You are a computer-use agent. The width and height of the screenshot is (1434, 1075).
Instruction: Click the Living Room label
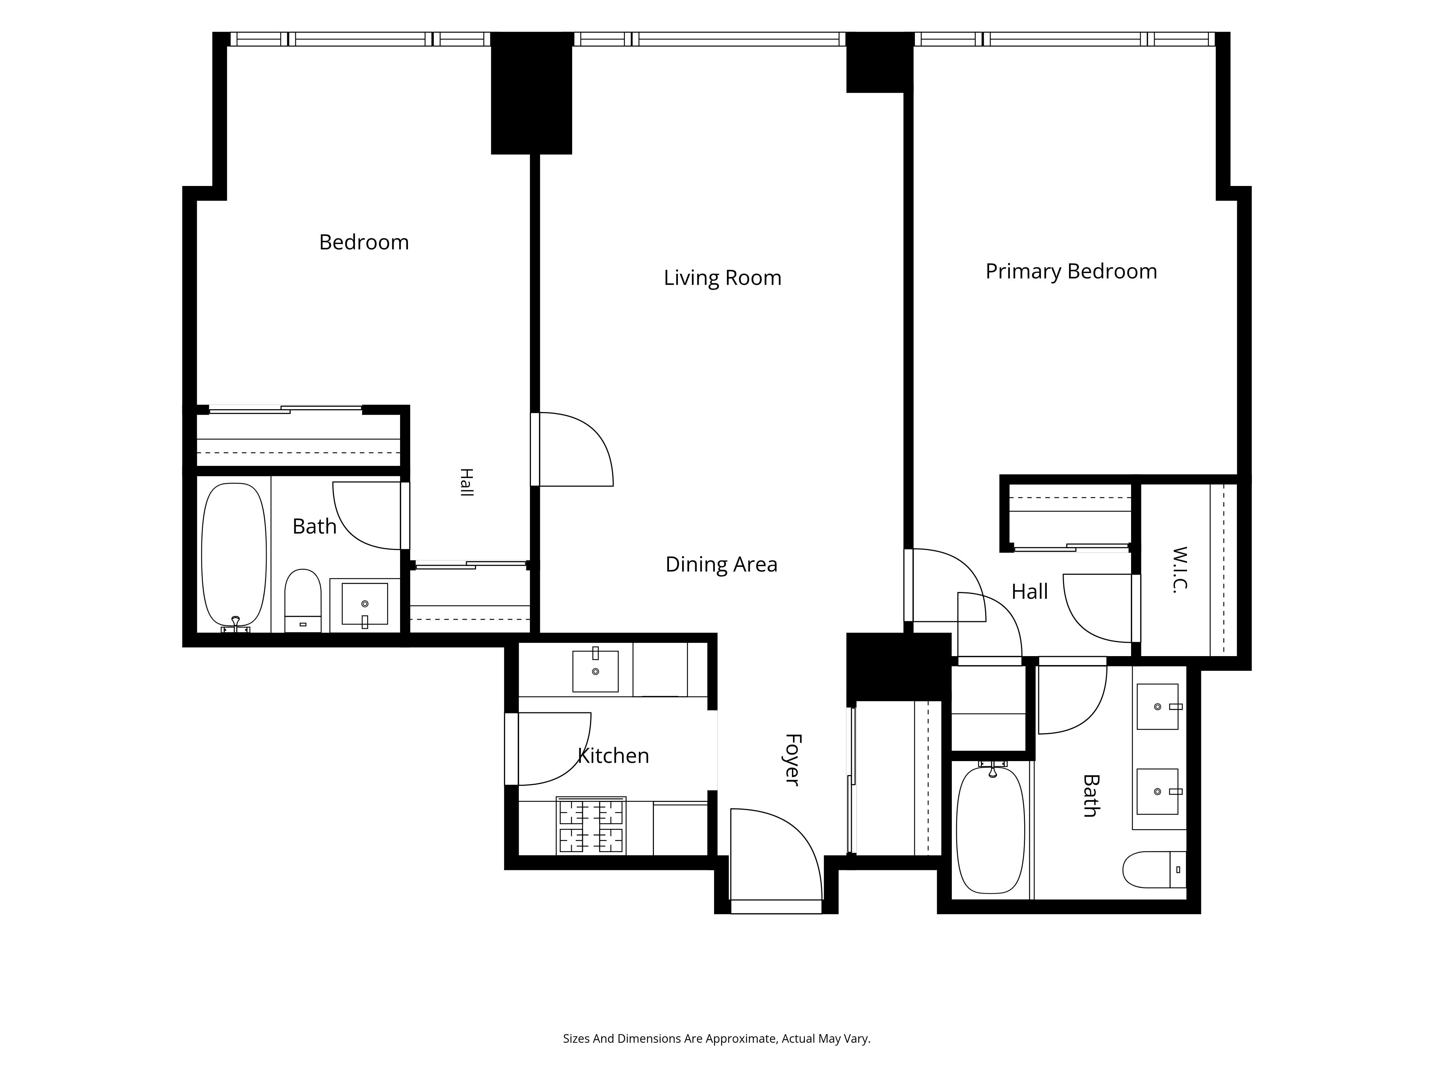(722, 278)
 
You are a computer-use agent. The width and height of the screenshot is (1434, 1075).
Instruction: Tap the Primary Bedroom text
(1071, 272)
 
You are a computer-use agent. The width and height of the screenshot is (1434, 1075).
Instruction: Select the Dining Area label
(721, 564)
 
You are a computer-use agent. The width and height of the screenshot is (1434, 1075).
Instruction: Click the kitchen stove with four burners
(590, 826)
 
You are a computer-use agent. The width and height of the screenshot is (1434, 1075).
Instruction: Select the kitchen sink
(595, 670)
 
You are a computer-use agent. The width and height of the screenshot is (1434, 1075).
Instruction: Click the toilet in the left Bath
(303, 601)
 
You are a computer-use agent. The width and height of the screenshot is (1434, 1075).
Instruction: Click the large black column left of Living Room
(532, 93)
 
